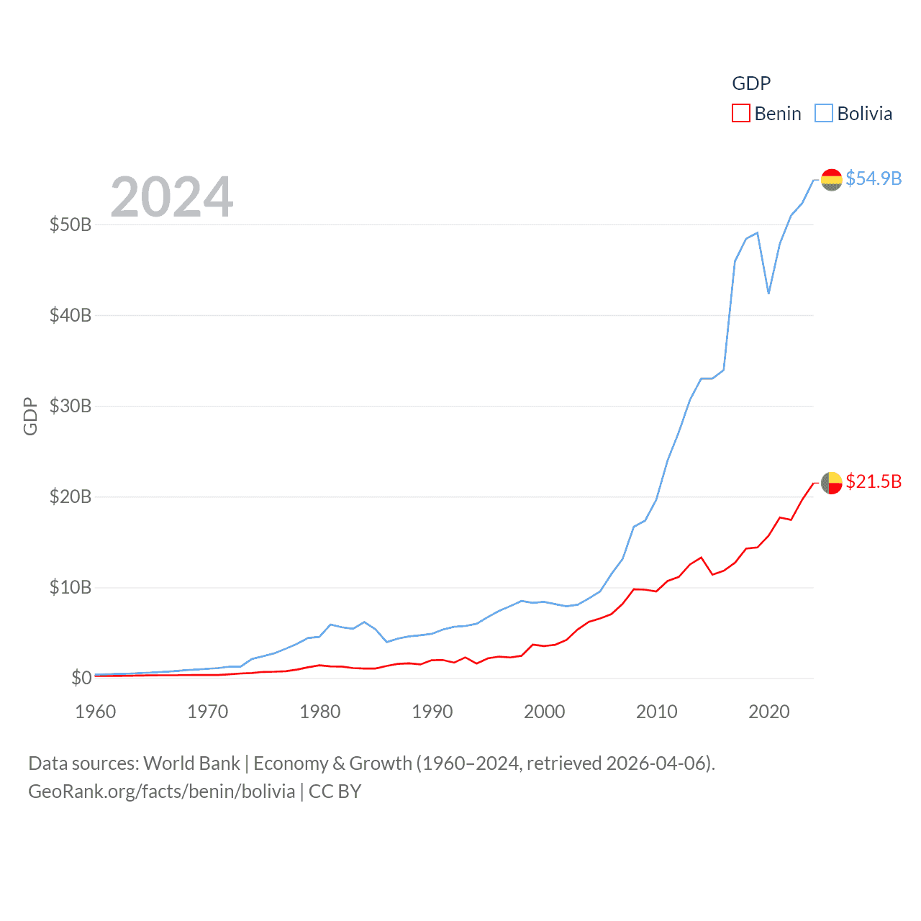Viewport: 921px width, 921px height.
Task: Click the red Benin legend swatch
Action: [741, 114]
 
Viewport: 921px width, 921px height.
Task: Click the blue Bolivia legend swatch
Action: [824, 114]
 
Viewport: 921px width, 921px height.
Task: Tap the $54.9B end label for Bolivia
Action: [874, 178]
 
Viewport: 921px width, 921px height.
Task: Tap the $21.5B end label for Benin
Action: [874, 481]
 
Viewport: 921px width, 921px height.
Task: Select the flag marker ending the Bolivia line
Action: [831, 180]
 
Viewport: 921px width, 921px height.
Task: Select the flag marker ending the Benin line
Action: [831, 483]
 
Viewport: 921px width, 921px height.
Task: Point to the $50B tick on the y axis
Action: [71, 224]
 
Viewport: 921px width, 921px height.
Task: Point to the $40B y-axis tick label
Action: [71, 315]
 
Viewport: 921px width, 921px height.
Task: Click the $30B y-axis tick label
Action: [71, 406]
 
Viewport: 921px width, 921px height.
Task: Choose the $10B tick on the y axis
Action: [71, 587]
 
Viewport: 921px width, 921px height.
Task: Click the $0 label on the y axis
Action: [81, 678]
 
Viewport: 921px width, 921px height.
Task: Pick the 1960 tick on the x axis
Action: [96, 712]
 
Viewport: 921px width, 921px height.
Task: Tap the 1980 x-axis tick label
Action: [320, 712]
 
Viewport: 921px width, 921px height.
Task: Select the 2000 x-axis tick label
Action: [545, 712]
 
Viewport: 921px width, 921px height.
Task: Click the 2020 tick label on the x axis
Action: [769, 712]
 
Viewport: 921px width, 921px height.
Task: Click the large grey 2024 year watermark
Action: [172, 196]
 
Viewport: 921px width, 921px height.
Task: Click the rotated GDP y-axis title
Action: [30, 416]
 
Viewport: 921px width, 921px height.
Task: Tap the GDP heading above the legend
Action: [751, 83]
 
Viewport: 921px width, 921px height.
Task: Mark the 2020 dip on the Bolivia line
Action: [768, 293]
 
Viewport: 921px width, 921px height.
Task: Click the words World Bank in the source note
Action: [191, 763]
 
